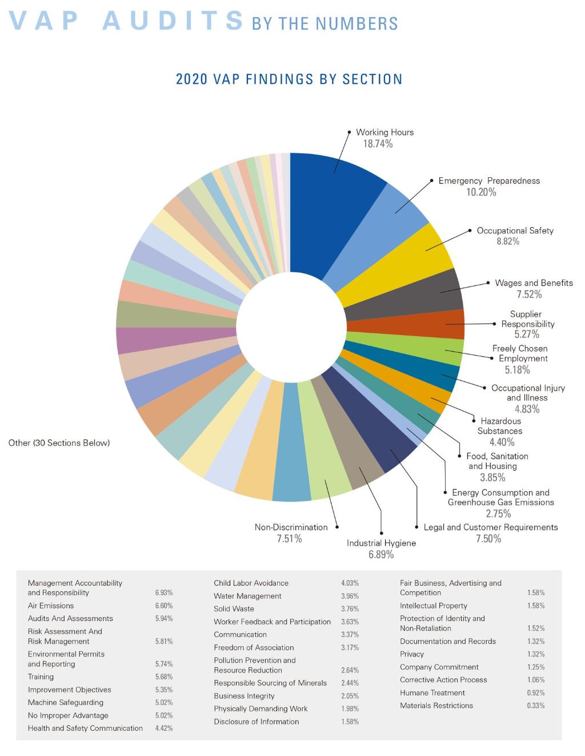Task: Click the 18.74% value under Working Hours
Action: [378, 144]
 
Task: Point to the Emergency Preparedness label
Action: [488, 181]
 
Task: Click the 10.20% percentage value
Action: [481, 192]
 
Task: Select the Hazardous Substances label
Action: [500, 426]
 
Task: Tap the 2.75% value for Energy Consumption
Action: [498, 514]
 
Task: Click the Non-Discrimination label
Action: [291, 527]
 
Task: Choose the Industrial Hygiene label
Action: [381, 543]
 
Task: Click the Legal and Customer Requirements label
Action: [491, 527]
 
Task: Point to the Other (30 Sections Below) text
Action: [59, 443]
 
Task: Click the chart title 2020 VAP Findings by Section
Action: [289, 79]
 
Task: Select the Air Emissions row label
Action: [51, 606]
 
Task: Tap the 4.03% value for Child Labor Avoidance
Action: [350, 583]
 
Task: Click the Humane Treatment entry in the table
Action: [432, 693]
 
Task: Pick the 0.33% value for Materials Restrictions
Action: [535, 706]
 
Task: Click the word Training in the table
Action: [41, 677]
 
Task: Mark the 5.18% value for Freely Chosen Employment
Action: [517, 369]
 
